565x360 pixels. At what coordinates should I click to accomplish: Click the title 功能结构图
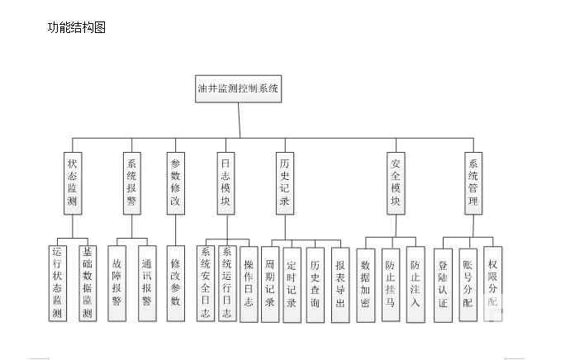pyautogui.click(x=77, y=27)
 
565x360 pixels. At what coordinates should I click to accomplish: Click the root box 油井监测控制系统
pyautogui.click(x=239, y=88)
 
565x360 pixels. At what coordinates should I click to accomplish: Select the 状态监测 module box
pyautogui.click(x=72, y=183)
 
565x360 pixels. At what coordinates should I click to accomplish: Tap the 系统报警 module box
pyautogui.click(x=131, y=183)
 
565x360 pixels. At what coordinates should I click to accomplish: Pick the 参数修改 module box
pyautogui.click(x=174, y=183)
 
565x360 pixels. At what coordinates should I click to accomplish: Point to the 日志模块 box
pyautogui.click(x=226, y=183)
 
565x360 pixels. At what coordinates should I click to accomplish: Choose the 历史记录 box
pyautogui.click(x=285, y=183)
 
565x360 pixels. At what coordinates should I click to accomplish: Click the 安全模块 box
pyautogui.click(x=396, y=183)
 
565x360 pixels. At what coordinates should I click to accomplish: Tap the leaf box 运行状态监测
pyautogui.click(x=57, y=283)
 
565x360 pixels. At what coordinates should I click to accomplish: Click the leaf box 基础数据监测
pyautogui.click(x=87, y=283)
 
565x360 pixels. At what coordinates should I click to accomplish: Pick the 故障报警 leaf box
pyautogui.click(x=116, y=283)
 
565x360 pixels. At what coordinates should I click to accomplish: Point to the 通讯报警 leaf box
pyautogui.click(x=146, y=283)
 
